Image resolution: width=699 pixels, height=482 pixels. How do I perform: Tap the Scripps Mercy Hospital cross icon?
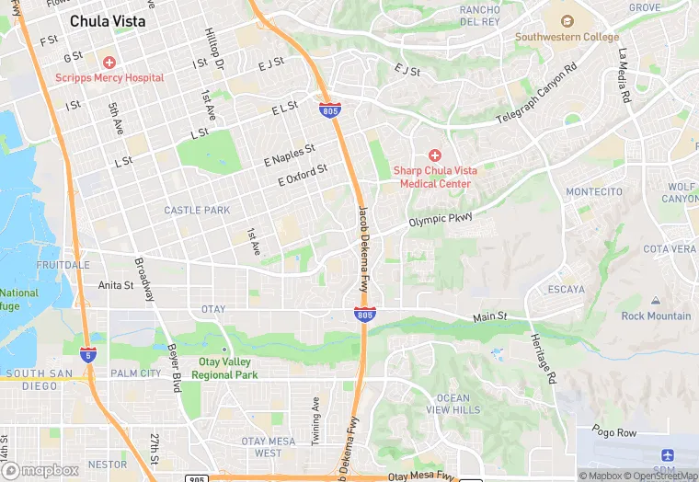[109, 63]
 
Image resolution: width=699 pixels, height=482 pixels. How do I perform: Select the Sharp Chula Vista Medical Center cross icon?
[434, 155]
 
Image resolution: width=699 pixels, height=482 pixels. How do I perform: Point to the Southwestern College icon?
[567, 20]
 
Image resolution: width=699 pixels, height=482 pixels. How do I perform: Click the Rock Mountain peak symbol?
[655, 301]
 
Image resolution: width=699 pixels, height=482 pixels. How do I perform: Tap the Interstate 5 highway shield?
[87, 353]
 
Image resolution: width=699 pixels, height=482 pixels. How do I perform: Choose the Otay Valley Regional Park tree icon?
[223, 348]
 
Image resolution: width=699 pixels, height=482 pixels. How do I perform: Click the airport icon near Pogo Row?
[667, 456]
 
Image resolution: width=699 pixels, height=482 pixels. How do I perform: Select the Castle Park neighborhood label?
[197, 211]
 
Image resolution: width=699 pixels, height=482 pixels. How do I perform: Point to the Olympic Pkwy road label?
[441, 220]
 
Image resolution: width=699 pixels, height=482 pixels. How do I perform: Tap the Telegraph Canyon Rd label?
[536, 95]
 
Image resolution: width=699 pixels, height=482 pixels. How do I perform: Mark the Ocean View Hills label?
[453, 404]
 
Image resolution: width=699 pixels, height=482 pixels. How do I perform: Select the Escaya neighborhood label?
[566, 289]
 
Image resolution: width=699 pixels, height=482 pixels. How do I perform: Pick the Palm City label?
[135, 373]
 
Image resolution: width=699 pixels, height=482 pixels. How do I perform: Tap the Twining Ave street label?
[315, 420]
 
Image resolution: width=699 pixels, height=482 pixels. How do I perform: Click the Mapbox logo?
[45, 470]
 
